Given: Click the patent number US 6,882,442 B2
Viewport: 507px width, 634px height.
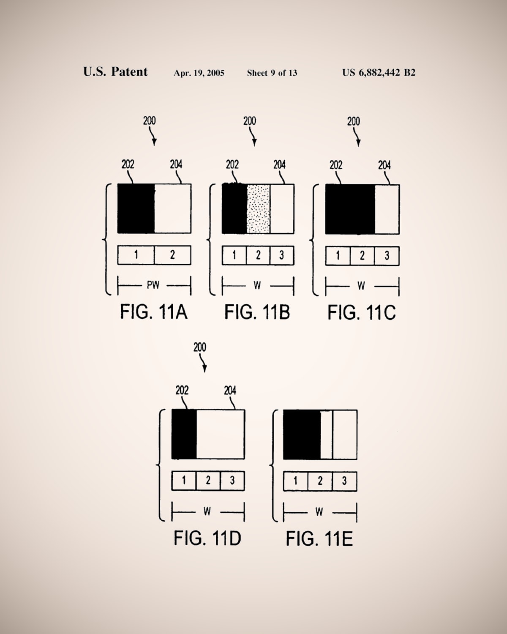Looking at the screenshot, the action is [x=379, y=73].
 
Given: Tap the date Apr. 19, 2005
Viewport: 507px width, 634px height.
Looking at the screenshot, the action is [x=199, y=73].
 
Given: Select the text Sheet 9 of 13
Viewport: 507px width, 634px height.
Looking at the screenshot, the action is [x=272, y=73].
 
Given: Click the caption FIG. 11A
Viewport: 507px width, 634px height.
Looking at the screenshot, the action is [x=154, y=312].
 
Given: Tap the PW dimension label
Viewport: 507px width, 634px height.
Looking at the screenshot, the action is [x=153, y=285].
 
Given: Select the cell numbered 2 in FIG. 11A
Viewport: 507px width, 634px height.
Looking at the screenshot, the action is [x=172, y=255].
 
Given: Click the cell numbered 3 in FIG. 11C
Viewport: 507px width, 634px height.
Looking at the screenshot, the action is [x=387, y=256].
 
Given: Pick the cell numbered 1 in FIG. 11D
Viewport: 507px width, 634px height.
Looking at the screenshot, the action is [x=184, y=481].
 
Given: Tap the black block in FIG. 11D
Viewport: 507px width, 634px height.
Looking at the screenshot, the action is [x=184, y=434].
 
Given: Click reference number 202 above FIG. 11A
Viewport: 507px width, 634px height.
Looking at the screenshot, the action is [x=128, y=164].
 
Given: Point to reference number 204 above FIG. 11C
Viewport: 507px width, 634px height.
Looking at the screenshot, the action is [x=384, y=165].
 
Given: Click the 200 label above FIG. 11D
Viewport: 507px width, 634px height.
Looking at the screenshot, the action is [x=200, y=347].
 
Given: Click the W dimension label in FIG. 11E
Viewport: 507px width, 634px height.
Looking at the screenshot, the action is [x=319, y=512].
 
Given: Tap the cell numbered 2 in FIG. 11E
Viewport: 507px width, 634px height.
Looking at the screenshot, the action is [x=320, y=481].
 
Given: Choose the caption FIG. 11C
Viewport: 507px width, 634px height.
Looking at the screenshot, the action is [x=362, y=313].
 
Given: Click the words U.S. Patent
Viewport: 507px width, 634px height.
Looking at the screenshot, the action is [x=115, y=72].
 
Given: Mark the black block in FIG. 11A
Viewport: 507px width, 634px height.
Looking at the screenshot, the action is [x=136, y=208].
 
